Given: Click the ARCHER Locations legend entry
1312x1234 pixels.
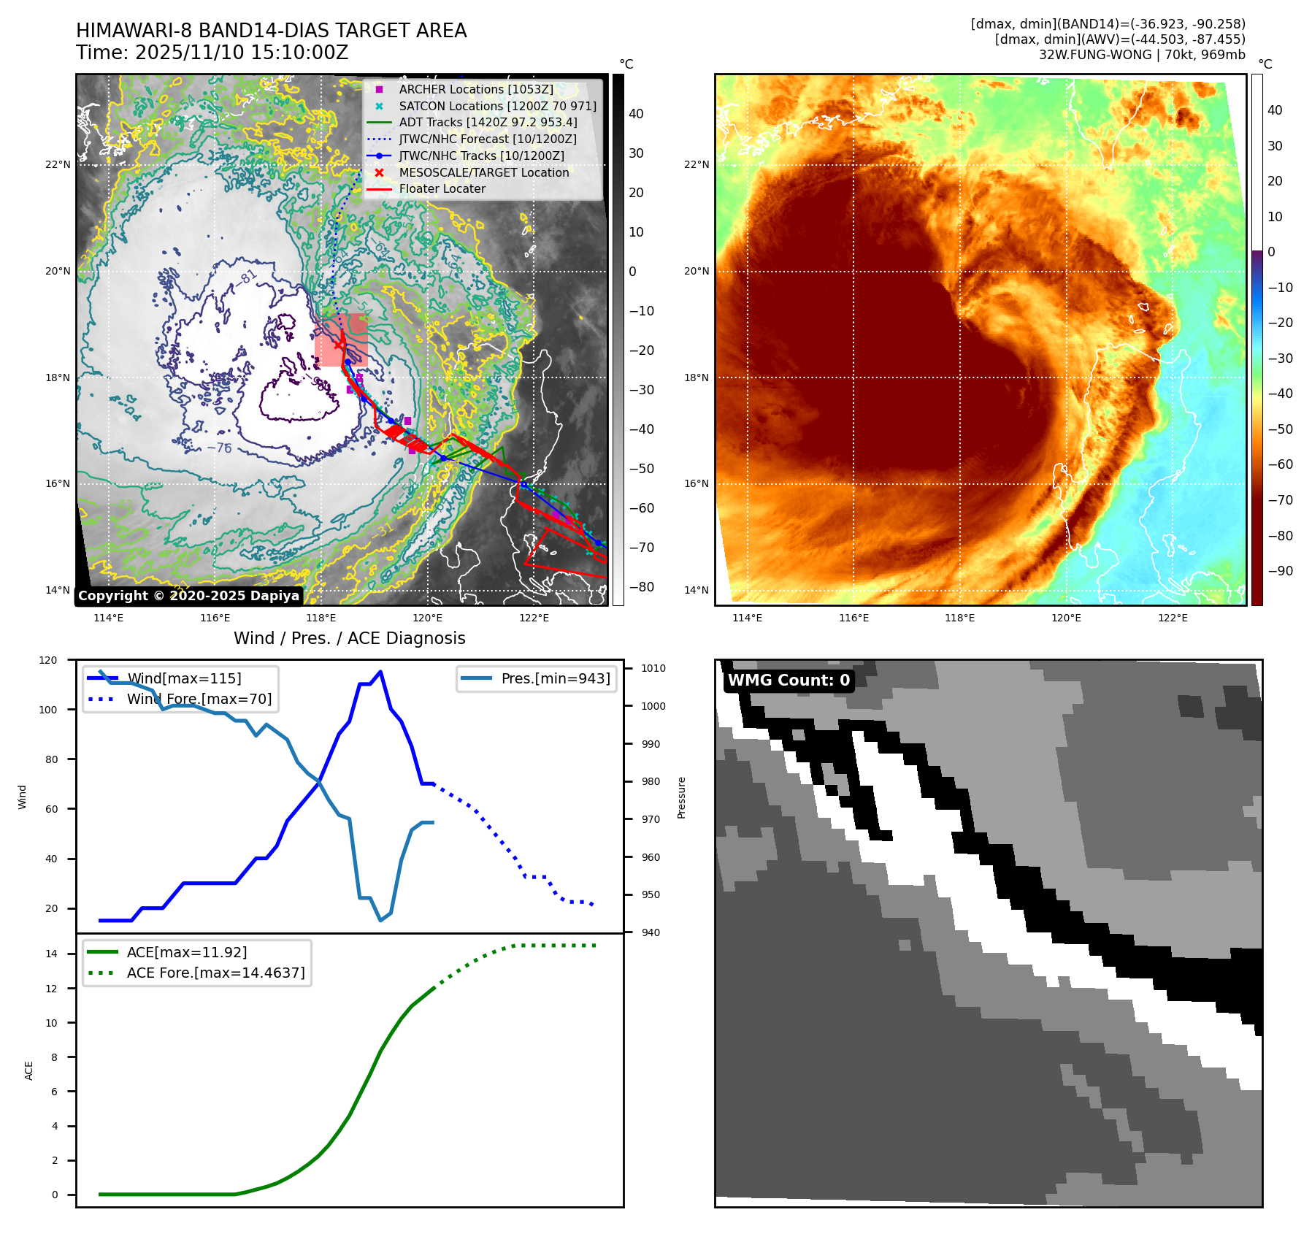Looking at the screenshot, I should pyautogui.click(x=475, y=89).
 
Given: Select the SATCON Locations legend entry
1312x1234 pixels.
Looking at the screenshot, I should pyautogui.click(x=496, y=106).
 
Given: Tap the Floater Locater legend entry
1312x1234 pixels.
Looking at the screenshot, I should pyautogui.click(x=442, y=188).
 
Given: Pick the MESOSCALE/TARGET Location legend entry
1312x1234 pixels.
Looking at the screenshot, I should pyautogui.click(x=483, y=172).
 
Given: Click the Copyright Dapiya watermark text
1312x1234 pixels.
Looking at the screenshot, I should pyautogui.click(x=188, y=596).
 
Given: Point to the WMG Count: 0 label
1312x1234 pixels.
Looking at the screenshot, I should pyautogui.click(x=789, y=681).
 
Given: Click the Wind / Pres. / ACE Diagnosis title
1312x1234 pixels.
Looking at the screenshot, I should pyautogui.click(x=349, y=638).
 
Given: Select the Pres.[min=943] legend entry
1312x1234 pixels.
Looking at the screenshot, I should pyautogui.click(x=555, y=678).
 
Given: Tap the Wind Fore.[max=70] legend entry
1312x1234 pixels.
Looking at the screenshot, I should pyautogui.click(x=199, y=699).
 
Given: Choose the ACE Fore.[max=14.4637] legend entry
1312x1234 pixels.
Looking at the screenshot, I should pyautogui.click(x=215, y=973).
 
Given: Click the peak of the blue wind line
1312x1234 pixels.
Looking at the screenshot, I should pyautogui.click(x=380, y=672).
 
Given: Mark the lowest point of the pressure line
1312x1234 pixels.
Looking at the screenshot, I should pyautogui.click(x=380, y=920).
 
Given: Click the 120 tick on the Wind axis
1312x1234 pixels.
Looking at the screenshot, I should pyautogui.click(x=48, y=660).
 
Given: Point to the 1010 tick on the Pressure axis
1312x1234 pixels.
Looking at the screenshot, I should pyautogui.click(x=653, y=668).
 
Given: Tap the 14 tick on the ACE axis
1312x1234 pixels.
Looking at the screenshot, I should pyautogui.click(x=52, y=954).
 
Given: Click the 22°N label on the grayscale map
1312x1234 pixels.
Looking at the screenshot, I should pyautogui.click(x=58, y=164).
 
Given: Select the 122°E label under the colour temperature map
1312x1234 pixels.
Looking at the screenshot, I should pyautogui.click(x=1173, y=618).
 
